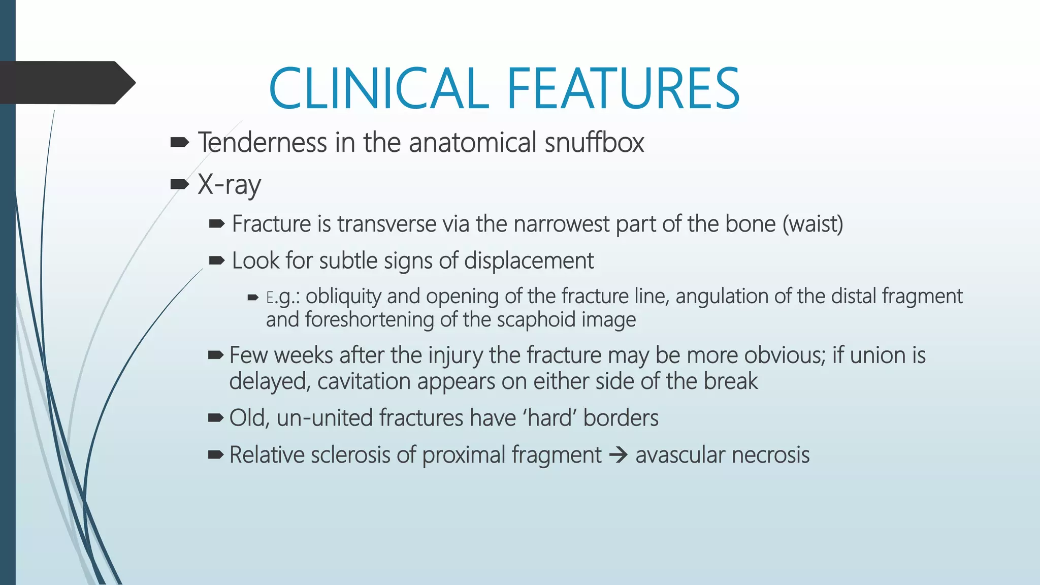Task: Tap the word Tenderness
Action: click(x=263, y=142)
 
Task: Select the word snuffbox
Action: click(x=594, y=142)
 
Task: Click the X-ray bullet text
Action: click(x=229, y=184)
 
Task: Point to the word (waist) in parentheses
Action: click(x=812, y=224)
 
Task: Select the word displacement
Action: click(x=529, y=261)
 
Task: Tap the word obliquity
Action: click(x=343, y=296)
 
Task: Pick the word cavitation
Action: click(x=364, y=381)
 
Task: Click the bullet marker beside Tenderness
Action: click(x=179, y=143)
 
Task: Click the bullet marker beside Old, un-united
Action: click(x=215, y=418)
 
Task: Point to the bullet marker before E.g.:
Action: click(x=253, y=298)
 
